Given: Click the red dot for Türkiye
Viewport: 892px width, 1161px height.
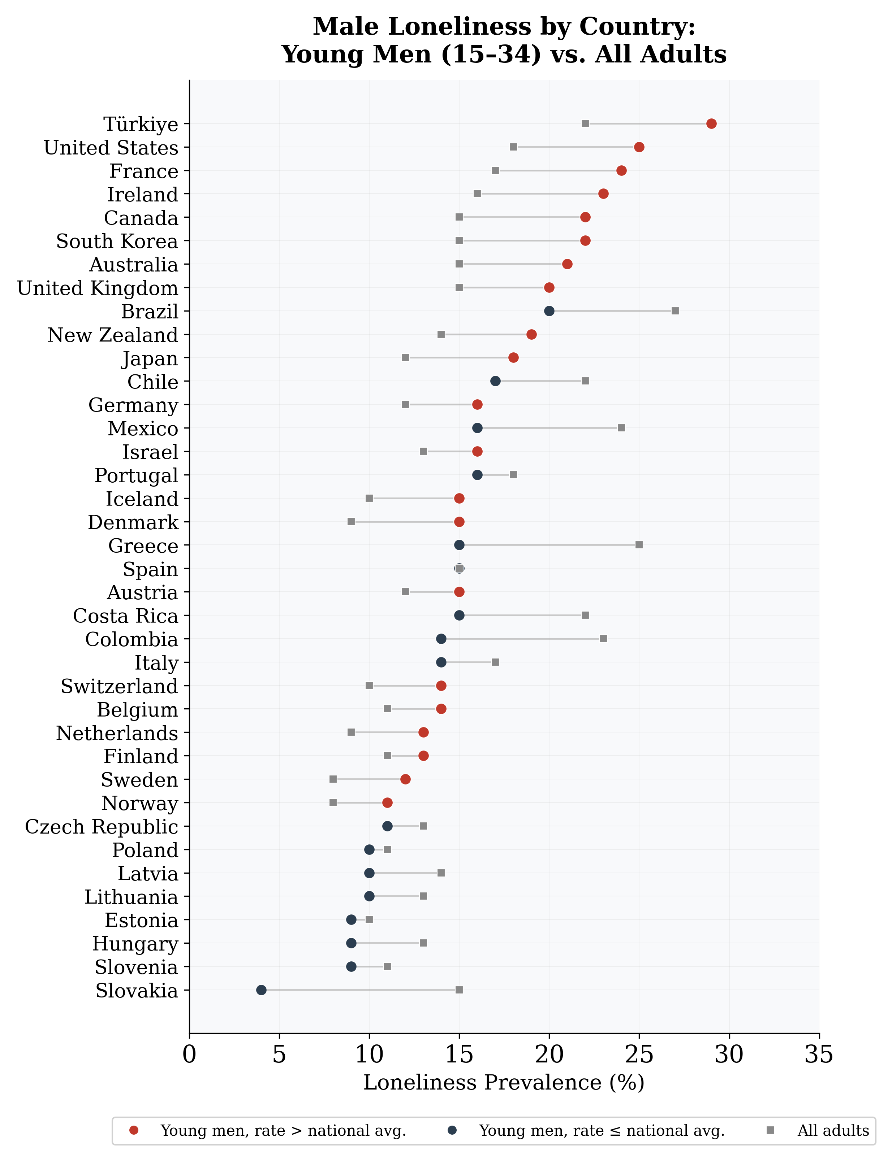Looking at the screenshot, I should pyautogui.click(x=711, y=123).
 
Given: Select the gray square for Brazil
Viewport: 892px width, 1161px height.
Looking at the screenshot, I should pyautogui.click(x=675, y=311).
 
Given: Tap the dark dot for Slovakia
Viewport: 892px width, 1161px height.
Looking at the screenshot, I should pyautogui.click(x=261, y=990).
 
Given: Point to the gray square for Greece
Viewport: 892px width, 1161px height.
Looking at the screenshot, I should pyautogui.click(x=639, y=545).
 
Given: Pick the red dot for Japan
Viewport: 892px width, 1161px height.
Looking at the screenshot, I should pyautogui.click(x=513, y=358).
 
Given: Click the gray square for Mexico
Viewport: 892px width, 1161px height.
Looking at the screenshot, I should pyautogui.click(x=621, y=428).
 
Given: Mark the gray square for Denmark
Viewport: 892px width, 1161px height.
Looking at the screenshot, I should pyautogui.click(x=351, y=522).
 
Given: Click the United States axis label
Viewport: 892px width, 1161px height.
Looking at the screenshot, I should pyautogui.click(x=111, y=148).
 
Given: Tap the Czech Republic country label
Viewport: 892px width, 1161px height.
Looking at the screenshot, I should pyautogui.click(x=102, y=827).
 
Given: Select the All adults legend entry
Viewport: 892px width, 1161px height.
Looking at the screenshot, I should pyautogui.click(x=832, y=1131).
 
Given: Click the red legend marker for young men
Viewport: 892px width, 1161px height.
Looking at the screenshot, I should pyautogui.click(x=134, y=1131).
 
